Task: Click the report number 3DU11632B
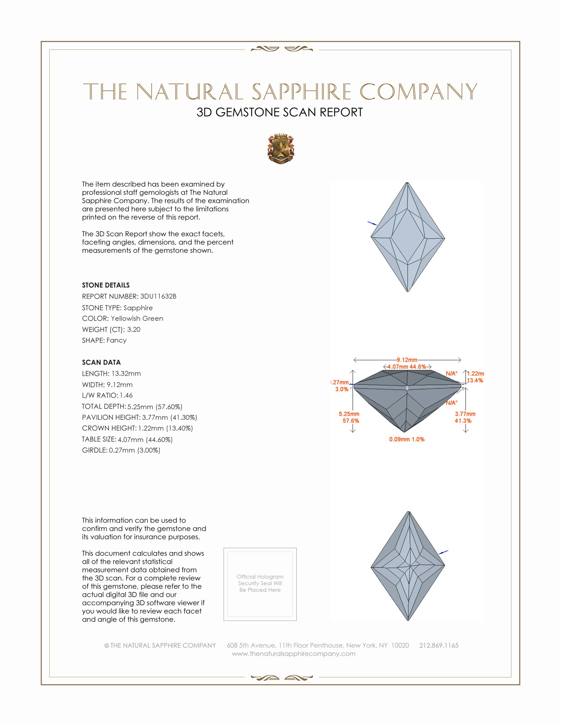click(158, 296)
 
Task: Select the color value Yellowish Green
click(137, 318)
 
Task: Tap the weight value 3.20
click(134, 329)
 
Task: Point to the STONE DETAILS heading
click(106, 285)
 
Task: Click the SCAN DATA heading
click(101, 362)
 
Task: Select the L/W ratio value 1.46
click(126, 396)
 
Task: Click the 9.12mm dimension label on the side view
click(407, 360)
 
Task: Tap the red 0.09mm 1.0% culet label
click(407, 440)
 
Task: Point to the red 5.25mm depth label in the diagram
click(349, 414)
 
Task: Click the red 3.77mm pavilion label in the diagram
click(465, 414)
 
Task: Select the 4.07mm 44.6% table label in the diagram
click(407, 367)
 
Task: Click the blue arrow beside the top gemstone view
click(372, 223)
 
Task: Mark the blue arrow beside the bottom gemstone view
click(443, 552)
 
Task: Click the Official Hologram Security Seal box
click(260, 584)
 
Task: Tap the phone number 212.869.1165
click(439, 645)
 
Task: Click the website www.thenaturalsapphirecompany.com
click(293, 654)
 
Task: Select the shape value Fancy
click(116, 341)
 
